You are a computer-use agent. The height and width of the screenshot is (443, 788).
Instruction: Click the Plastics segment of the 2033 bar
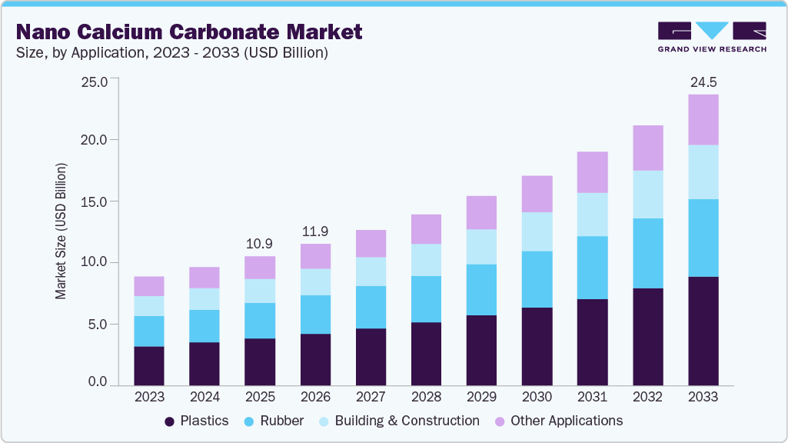tap(703, 331)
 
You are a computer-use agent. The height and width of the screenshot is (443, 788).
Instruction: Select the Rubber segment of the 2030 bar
tap(537, 279)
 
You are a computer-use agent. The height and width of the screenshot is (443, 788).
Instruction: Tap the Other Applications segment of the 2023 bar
tap(148, 286)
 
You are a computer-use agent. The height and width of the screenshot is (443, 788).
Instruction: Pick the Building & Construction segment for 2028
tap(426, 260)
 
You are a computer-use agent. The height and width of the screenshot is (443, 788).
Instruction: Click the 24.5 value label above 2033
tap(703, 82)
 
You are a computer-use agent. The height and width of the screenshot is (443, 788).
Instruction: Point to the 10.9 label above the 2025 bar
tap(259, 243)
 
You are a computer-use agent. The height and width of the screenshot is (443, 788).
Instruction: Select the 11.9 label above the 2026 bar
tap(314, 231)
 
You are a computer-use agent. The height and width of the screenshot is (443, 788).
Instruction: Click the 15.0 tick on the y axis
tap(95, 202)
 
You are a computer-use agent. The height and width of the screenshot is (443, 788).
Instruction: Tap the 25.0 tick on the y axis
tap(95, 79)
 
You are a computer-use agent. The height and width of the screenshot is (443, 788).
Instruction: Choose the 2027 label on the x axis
tap(370, 397)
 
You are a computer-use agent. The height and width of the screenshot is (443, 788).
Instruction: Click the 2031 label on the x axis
tap(592, 397)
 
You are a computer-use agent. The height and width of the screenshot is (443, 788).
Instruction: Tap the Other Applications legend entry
tap(558, 421)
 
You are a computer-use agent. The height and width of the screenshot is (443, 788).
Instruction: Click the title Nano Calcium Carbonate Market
tap(188, 32)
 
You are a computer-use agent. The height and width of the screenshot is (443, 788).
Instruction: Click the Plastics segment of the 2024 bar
tap(204, 364)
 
